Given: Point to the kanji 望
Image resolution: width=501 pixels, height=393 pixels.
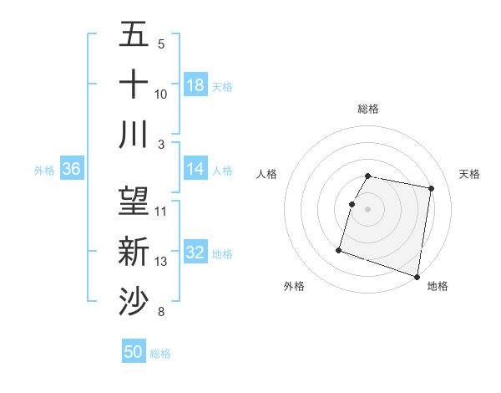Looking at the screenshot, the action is point(134,201).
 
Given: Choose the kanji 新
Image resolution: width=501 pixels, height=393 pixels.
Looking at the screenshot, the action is point(134,251).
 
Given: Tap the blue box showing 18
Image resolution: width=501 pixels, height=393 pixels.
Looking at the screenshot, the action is point(195,85).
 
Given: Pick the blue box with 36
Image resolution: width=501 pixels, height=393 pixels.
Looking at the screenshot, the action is point(72,170).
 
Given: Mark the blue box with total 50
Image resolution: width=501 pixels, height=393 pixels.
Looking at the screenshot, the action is point(134,352).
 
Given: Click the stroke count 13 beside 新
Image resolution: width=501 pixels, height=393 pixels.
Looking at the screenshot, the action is point(161,262).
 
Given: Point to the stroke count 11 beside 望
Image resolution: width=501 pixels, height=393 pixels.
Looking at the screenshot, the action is point(161,211).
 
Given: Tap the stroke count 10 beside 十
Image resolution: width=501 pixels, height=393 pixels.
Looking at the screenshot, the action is point(161,94).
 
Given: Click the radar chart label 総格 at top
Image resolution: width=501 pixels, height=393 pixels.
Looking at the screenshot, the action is point(368,109).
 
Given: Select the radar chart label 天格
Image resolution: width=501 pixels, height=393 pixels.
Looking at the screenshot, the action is point(470,174).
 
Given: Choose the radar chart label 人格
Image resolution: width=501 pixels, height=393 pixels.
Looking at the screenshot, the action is point(267,174).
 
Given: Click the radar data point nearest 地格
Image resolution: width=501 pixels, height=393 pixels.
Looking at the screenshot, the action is point(417,276).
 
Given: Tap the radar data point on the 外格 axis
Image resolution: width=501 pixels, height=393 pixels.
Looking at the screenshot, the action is point(339,249).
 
